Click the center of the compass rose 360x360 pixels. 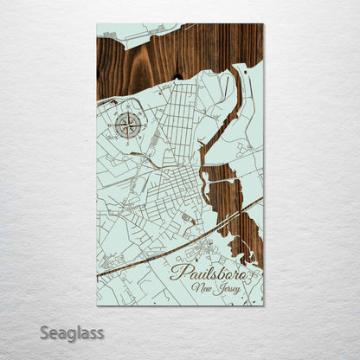[128, 125]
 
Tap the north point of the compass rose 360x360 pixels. [128, 112]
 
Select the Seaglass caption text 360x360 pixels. [71, 333]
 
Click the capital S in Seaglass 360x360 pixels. [44, 332]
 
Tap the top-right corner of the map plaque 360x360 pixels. [263, 24]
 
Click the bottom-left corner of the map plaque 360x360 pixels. [98, 305]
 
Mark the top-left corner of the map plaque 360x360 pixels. [98, 24]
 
